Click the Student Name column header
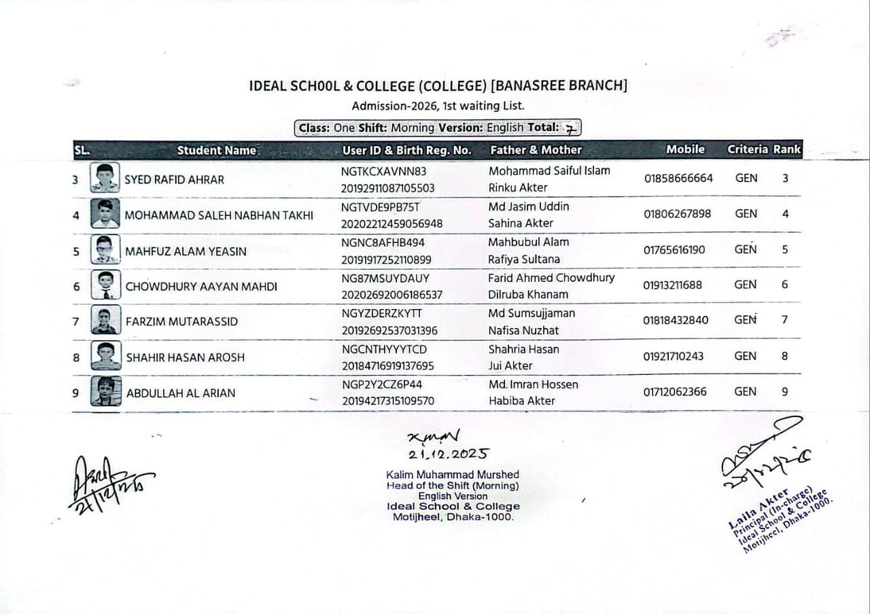217,150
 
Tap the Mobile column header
685,149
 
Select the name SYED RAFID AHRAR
174,180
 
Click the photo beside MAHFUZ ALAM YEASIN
105,250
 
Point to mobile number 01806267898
677,214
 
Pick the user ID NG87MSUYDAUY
385,278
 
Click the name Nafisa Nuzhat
523,330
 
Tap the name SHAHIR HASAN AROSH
185,357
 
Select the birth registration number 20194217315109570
387,401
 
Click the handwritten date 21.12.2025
447,454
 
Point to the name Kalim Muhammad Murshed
452,475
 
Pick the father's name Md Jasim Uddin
528,206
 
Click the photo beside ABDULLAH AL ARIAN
105,391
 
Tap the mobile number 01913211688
672,285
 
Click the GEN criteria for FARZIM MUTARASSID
745,319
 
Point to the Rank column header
787,149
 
